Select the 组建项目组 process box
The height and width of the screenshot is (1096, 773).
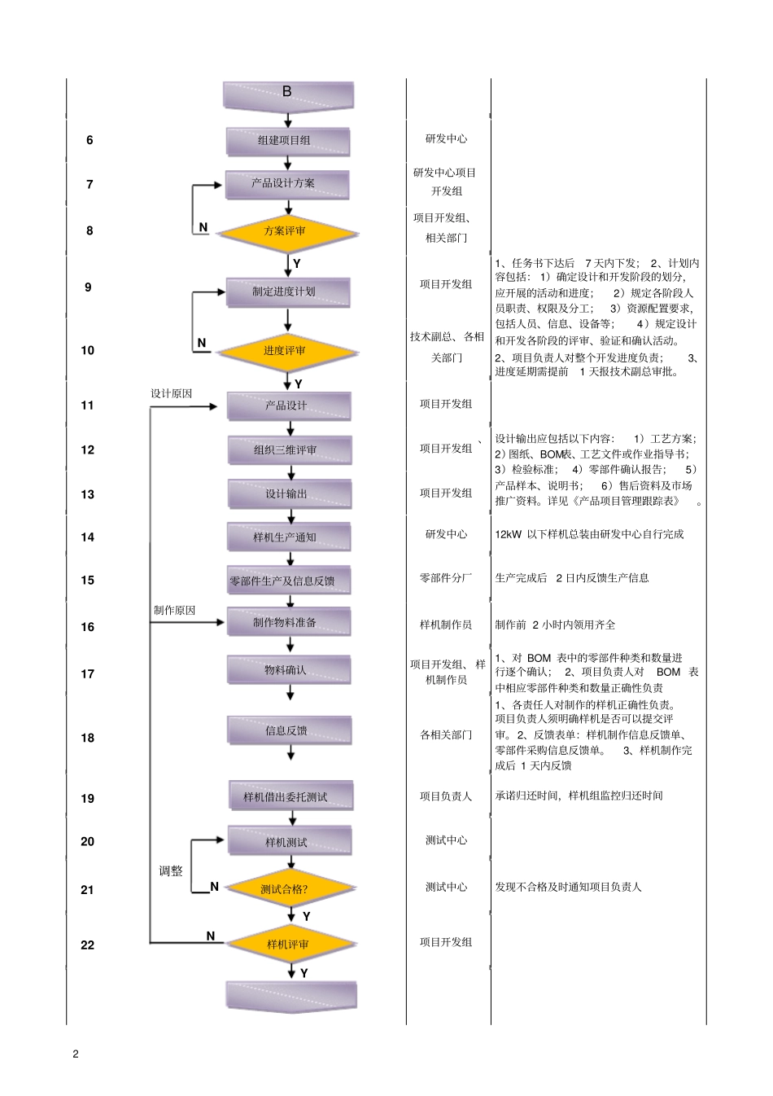tap(287, 141)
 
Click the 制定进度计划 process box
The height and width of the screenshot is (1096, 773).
tap(287, 292)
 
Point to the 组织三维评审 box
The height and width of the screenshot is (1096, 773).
tap(289, 450)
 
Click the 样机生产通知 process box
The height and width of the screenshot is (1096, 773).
tap(289, 537)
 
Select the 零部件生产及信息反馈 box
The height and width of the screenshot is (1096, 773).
tap(288, 581)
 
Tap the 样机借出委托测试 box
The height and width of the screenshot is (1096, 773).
tap(290, 797)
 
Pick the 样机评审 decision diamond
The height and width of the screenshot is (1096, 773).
tap(290, 945)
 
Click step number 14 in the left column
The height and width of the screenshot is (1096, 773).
tap(87, 537)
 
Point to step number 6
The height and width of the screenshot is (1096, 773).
tap(90, 140)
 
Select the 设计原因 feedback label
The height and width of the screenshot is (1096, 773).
tap(171, 394)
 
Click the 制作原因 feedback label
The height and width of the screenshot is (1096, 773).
tap(174, 611)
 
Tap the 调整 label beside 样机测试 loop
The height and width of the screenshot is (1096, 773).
tap(171, 871)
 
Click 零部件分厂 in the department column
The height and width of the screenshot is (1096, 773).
tap(446, 578)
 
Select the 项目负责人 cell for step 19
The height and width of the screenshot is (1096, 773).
tap(446, 796)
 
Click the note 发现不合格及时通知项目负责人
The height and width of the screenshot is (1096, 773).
tap(568, 887)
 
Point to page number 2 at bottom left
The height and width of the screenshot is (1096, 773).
tap(76, 1054)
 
